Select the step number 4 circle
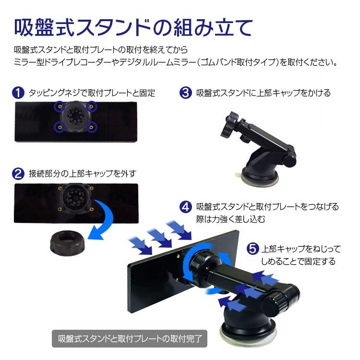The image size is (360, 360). pyautogui.click(x=186, y=207)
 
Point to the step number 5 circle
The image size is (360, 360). pyautogui.click(x=252, y=250)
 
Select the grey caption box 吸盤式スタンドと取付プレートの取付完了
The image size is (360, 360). pyautogui.click(x=129, y=337)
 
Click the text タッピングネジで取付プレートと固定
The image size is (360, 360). pyautogui.click(x=92, y=93)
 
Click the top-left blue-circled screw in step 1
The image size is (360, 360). pyautogui.click(x=59, y=105)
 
